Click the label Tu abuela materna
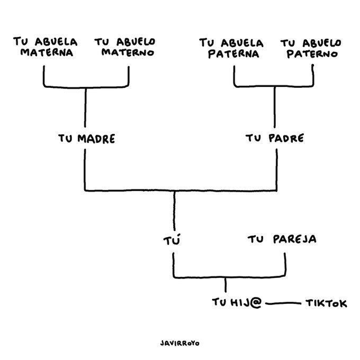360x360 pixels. pyautogui.click(x=45, y=47)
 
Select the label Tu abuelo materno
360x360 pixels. pyautogui.click(x=125, y=47)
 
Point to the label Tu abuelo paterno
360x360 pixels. pyautogui.click(x=311, y=48)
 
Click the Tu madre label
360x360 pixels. pyautogui.click(x=86, y=139)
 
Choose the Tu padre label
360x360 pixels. pyautogui.click(x=275, y=139)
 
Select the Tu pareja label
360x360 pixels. pyautogui.click(x=282, y=239)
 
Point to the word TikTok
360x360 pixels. pyautogui.click(x=326, y=303)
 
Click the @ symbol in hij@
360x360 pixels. pyautogui.click(x=257, y=303)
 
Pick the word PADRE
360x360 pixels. pyautogui.click(x=286, y=139)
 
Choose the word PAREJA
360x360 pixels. pyautogui.click(x=295, y=239)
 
